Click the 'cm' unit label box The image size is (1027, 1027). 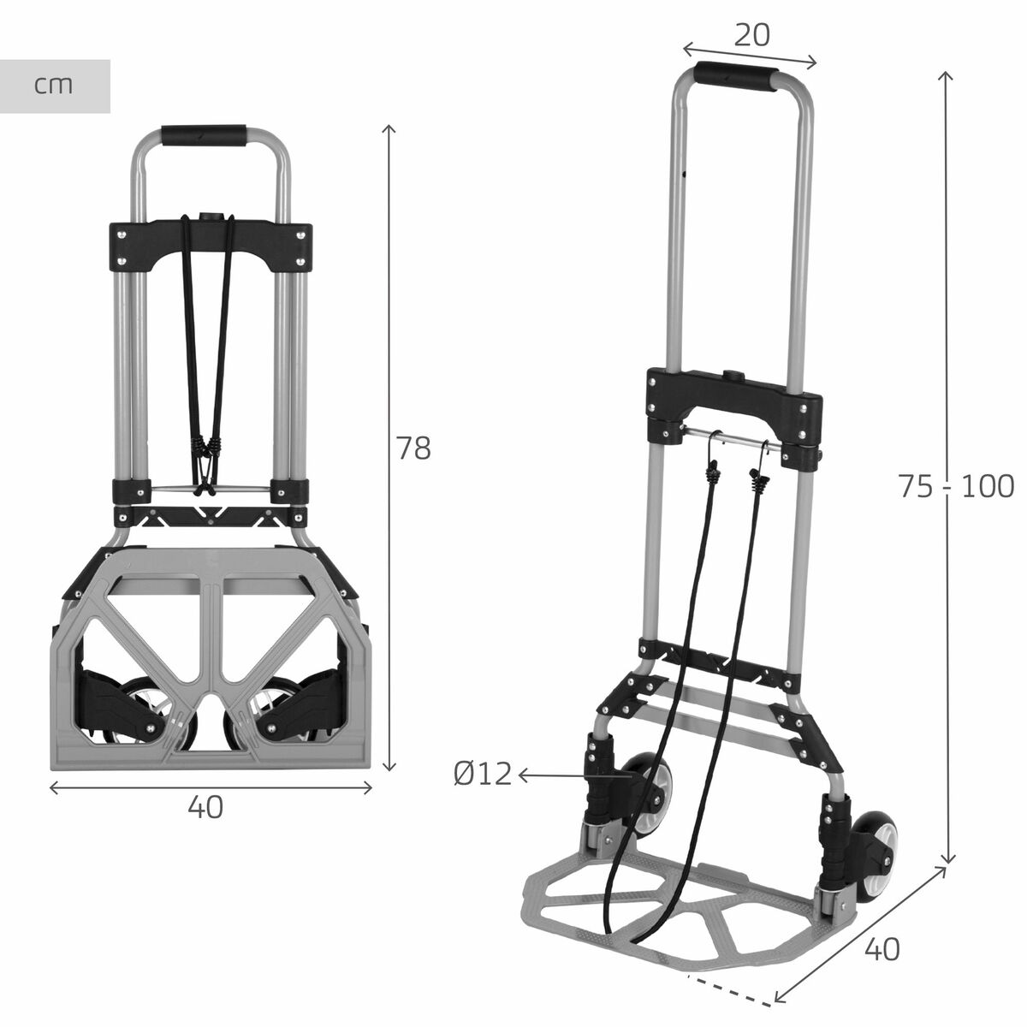pyautogui.click(x=55, y=86)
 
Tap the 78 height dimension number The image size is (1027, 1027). pyautogui.click(x=413, y=448)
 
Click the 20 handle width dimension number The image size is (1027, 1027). pyautogui.click(x=752, y=34)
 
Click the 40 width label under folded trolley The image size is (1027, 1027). pyautogui.click(x=205, y=806)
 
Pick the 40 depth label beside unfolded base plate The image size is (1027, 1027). pyautogui.click(x=882, y=948)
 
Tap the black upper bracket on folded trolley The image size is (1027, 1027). pyautogui.click(x=211, y=244)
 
